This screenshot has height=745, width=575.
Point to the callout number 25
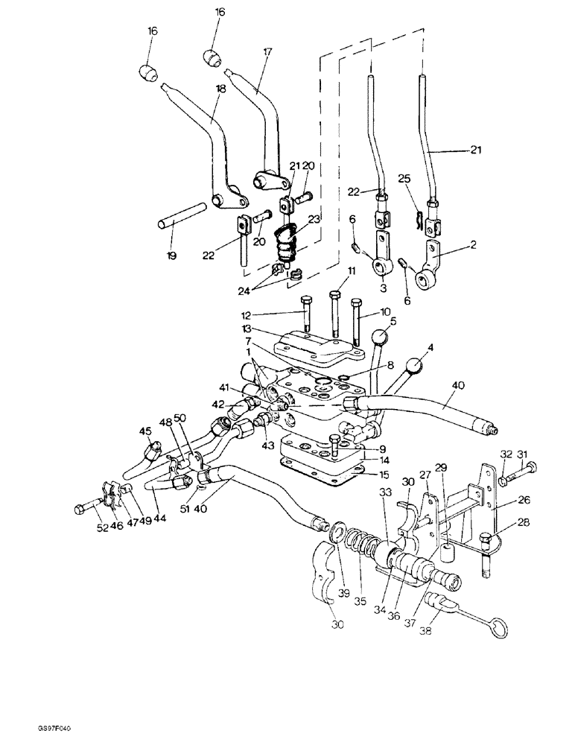point(404,180)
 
